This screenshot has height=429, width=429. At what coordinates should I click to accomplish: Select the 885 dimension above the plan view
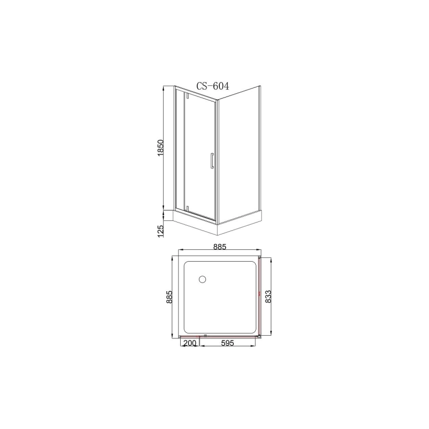pyautogui.click(x=219, y=247)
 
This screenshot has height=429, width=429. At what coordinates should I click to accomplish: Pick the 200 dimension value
pyautogui.click(x=189, y=344)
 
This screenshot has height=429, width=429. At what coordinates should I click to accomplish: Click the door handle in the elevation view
pyautogui.click(x=212, y=161)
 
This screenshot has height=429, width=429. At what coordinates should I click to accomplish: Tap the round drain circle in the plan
pyautogui.click(x=202, y=279)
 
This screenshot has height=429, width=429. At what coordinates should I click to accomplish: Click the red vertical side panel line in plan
pyautogui.click(x=260, y=296)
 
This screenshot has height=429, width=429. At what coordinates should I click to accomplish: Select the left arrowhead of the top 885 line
pyautogui.click(x=180, y=251)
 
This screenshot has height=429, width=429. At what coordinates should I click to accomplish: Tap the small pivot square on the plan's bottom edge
pyautogui.click(x=204, y=336)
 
